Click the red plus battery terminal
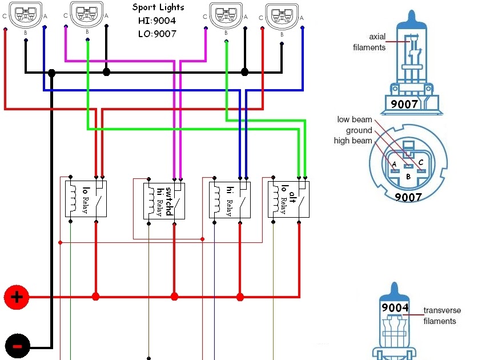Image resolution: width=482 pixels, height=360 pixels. pyautogui.click(x=17, y=297)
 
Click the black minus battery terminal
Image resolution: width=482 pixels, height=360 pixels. pyautogui.click(x=17, y=346)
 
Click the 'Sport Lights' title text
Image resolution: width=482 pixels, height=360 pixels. pyautogui.click(x=158, y=7)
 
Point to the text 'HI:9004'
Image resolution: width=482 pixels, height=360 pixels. pyautogui.click(x=157, y=21)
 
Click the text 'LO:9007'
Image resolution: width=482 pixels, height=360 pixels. pyautogui.click(x=157, y=34)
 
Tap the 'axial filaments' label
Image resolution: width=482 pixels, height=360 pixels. pyautogui.click(x=369, y=42)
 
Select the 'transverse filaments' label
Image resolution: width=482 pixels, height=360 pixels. pyautogui.click(x=442, y=316)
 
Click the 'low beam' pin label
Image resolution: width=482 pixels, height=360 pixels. pyautogui.click(x=355, y=120)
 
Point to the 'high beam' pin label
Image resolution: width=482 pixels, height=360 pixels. pyautogui.click(x=355, y=141)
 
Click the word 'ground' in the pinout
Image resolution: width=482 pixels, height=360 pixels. pyautogui.click(x=359, y=130)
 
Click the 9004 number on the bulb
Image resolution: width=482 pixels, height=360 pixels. pyautogui.click(x=395, y=307)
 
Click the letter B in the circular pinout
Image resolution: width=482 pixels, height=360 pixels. pyautogui.click(x=408, y=177)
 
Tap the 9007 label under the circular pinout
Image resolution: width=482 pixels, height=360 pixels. pyautogui.click(x=408, y=197)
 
